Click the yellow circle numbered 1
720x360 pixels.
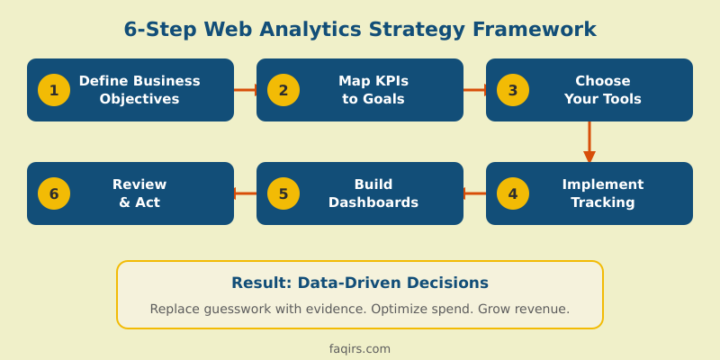[54, 90]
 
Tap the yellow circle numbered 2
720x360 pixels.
[283, 90]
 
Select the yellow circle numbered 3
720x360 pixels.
[513, 90]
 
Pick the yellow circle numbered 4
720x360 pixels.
[513, 193]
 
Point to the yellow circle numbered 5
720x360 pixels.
[283, 193]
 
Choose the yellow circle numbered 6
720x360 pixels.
[54, 193]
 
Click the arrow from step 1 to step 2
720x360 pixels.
[245, 90]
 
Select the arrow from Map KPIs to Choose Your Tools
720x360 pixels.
[474, 90]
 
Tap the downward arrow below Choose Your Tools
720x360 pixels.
[589, 141]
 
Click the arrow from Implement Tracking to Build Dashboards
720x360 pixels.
[474, 193]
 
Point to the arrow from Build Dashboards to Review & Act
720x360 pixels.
[245, 193]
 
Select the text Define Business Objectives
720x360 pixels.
[139, 90]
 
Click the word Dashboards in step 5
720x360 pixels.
[373, 202]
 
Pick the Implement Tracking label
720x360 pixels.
[603, 193]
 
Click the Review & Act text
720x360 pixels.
[139, 193]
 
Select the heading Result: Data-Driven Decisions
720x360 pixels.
[360, 283]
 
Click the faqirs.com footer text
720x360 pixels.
[360, 348]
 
